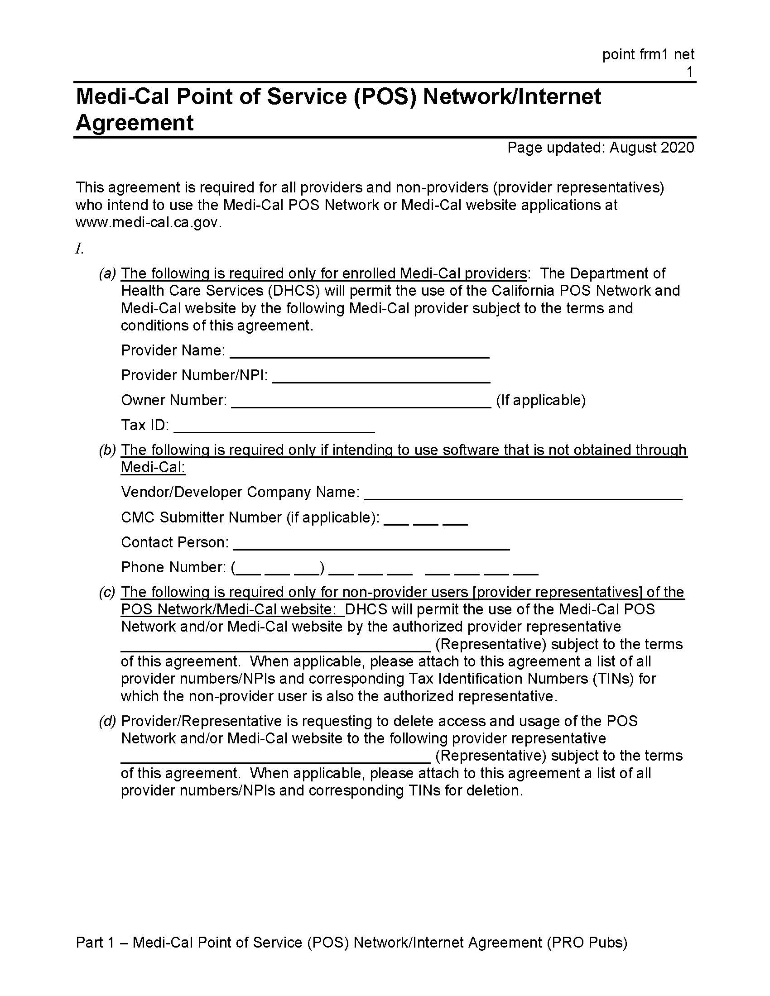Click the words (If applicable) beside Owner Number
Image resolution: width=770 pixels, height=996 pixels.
pyautogui.click(x=540, y=400)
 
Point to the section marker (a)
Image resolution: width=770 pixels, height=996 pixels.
pyautogui.click(x=108, y=273)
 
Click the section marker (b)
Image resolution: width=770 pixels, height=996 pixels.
pyautogui.click(x=108, y=450)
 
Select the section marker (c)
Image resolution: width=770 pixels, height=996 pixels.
pyautogui.click(x=108, y=593)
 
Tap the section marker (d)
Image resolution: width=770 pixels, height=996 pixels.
pyautogui.click(x=108, y=721)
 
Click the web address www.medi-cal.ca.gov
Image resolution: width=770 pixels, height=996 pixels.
pyautogui.click(x=149, y=223)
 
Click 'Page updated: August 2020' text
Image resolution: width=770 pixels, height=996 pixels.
pyautogui.click(x=600, y=148)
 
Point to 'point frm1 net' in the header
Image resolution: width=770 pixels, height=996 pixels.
pyautogui.click(x=648, y=55)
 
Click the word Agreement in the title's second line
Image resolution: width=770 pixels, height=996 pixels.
pyautogui.click(x=135, y=123)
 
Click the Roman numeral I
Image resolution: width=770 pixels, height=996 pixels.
pyautogui.click(x=79, y=249)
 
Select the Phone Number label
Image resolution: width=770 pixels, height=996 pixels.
pyautogui.click(x=173, y=567)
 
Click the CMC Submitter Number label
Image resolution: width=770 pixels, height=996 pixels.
pyautogui.click(x=250, y=517)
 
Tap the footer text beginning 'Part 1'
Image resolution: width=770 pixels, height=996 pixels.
pyautogui.click(x=351, y=942)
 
